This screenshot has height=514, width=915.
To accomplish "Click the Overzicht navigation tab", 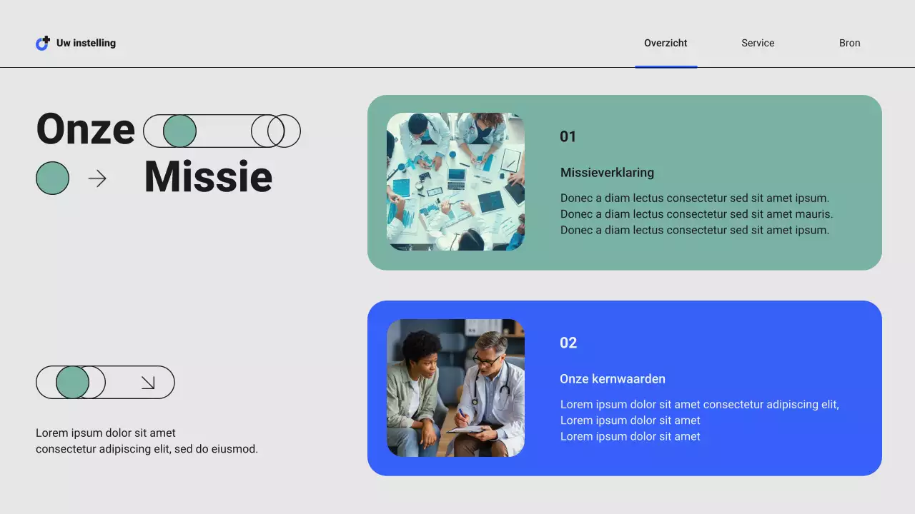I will [666, 43].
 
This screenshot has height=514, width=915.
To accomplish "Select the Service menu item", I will [758, 43].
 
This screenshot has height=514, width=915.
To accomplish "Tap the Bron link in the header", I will [849, 43].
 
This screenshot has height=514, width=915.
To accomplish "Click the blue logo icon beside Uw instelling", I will [43, 44].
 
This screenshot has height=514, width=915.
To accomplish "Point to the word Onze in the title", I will [86, 129].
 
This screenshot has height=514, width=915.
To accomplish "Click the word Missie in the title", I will [208, 177].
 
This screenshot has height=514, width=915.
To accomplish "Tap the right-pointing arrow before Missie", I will [97, 178].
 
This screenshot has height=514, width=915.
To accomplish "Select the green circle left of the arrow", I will [53, 178].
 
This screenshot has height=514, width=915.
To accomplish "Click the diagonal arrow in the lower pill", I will [148, 383].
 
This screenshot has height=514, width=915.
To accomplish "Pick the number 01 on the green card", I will [568, 136].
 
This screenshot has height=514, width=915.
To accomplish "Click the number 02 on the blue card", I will [568, 343].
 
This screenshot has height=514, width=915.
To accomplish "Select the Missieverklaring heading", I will [607, 172].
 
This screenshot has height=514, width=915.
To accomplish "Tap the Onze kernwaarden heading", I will [612, 378].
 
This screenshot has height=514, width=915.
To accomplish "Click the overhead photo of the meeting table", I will [455, 181].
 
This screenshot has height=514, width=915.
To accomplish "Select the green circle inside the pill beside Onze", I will [179, 131].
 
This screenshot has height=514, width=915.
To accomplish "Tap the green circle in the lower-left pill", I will [72, 383].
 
